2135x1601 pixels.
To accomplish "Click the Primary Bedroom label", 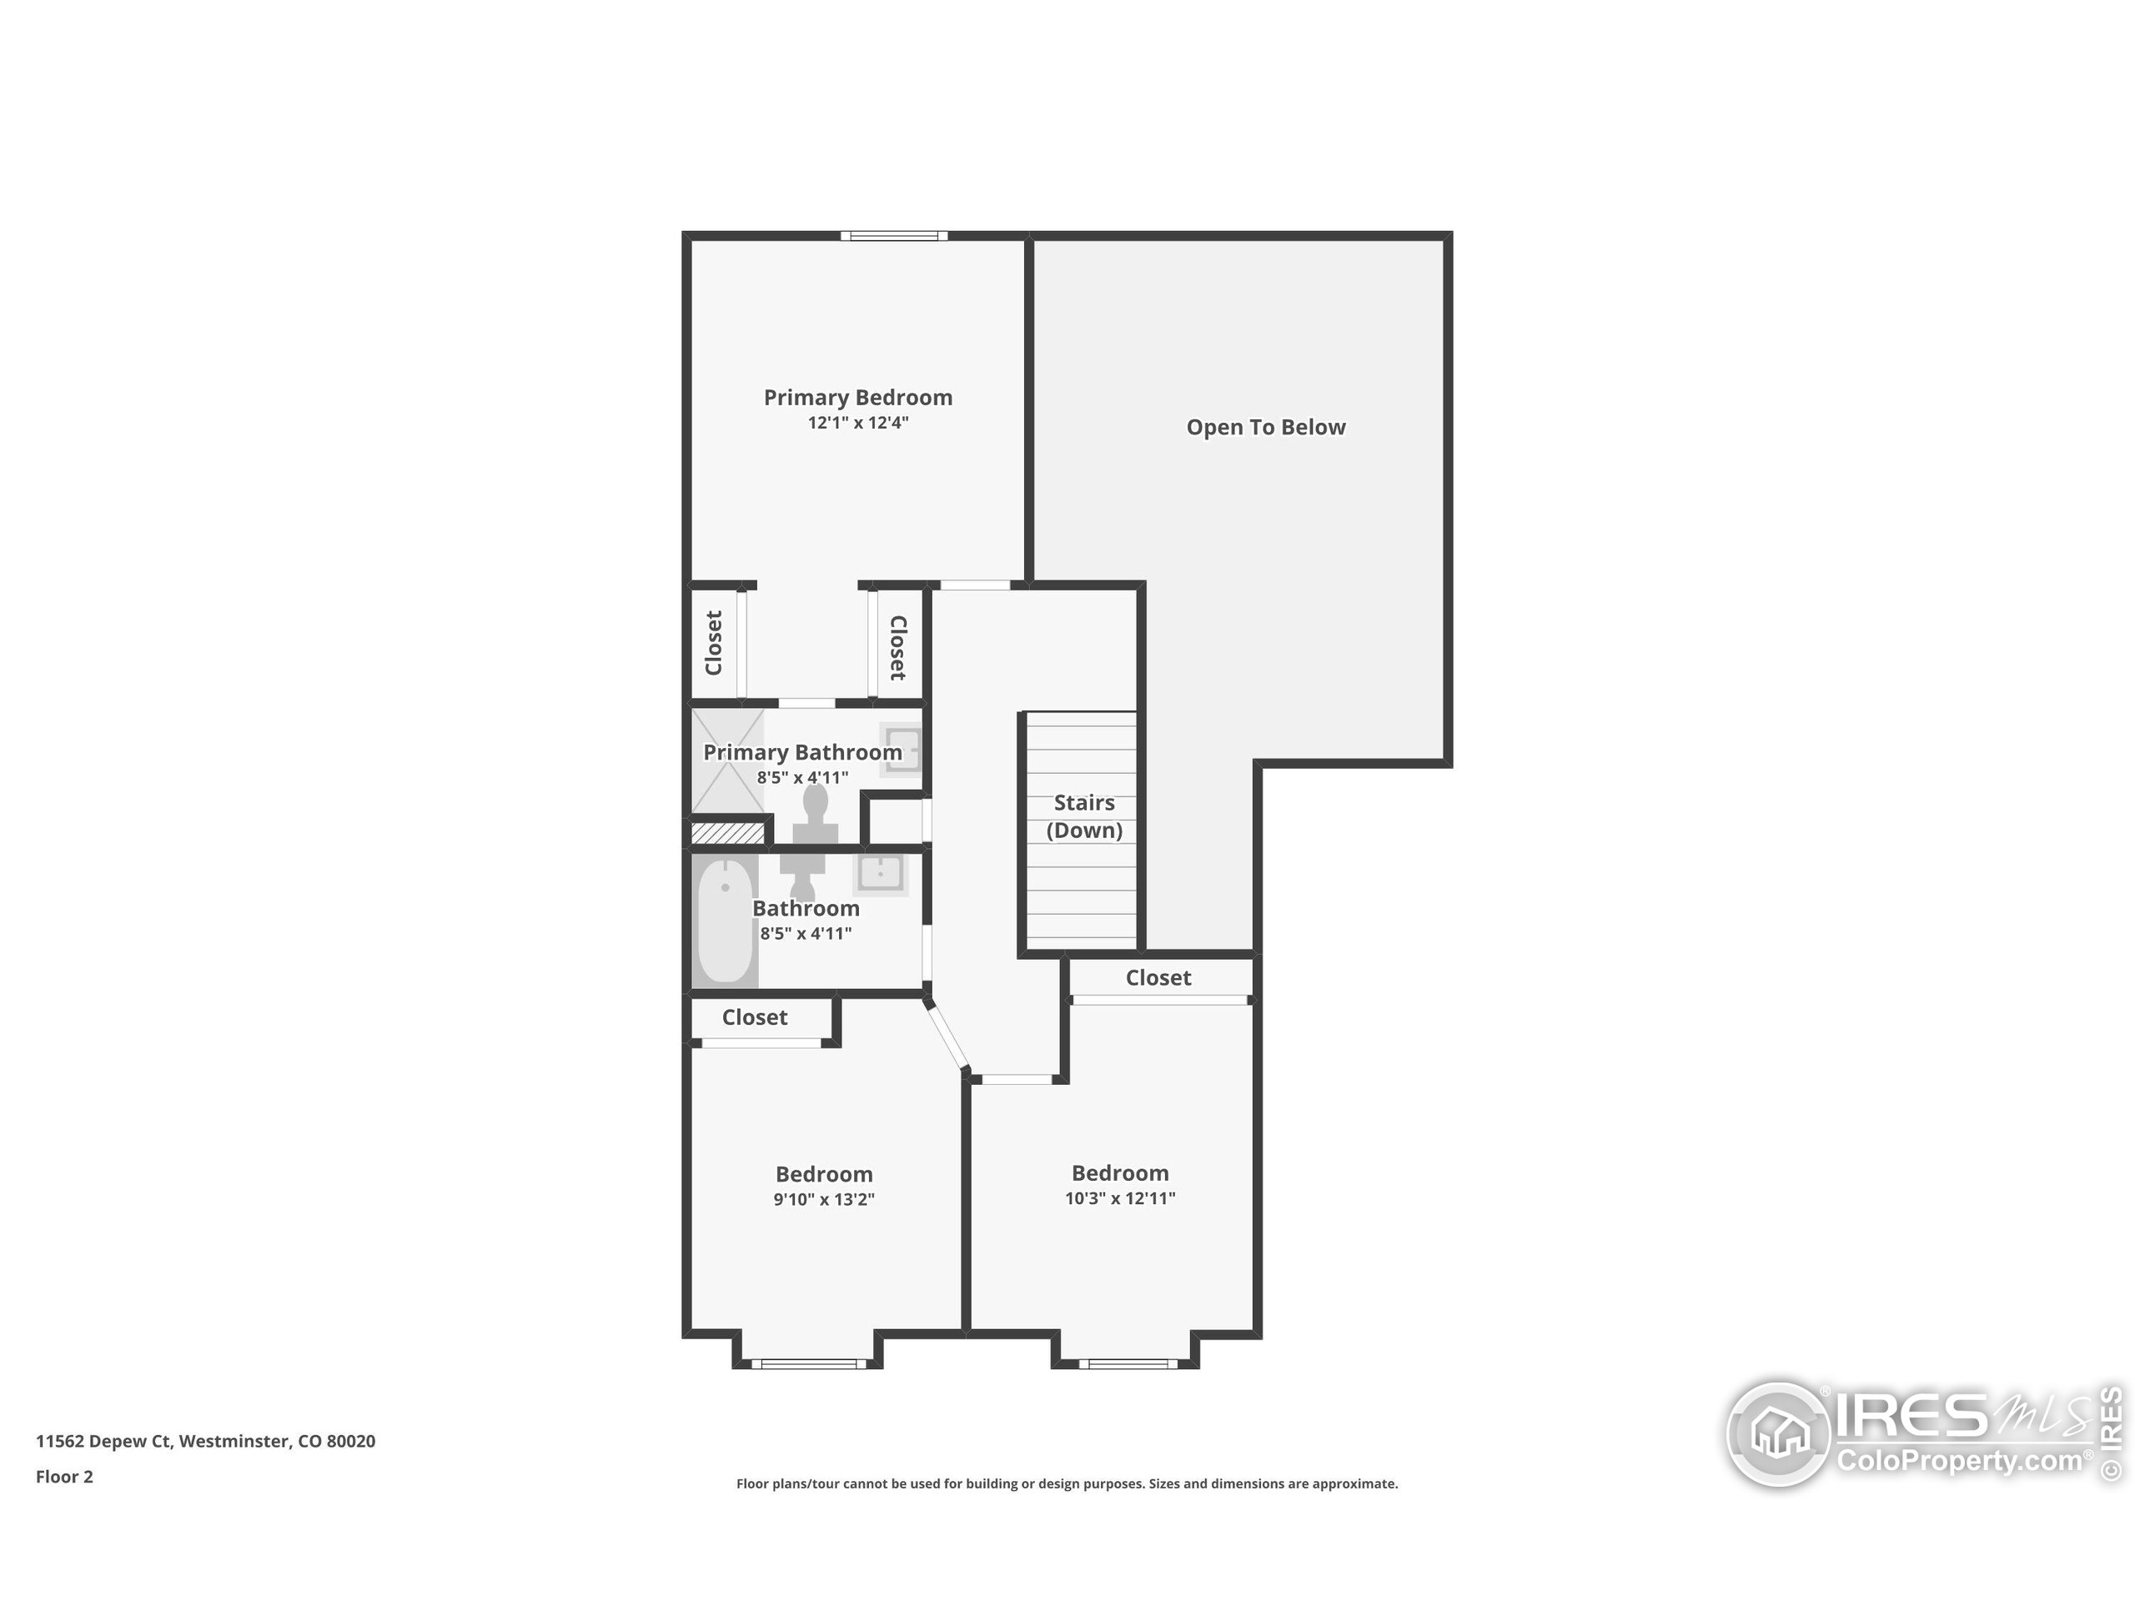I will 857,398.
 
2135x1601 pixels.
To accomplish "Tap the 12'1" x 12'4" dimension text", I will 857,423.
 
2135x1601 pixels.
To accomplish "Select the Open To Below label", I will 1264,428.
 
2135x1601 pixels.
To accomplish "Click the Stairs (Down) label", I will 1084,816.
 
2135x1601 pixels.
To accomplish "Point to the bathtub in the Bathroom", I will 724,921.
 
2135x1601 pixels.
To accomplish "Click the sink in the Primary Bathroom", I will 901,750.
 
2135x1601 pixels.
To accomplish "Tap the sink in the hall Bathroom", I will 879,873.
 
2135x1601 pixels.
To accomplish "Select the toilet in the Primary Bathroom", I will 816,816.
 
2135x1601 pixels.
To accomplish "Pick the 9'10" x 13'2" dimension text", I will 823,1200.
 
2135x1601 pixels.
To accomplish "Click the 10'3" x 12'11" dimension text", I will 1119,1198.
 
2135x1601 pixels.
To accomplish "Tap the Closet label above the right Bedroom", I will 1158,977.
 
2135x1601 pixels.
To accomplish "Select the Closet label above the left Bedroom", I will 754,1017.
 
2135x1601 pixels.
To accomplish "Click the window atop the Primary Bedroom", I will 893,235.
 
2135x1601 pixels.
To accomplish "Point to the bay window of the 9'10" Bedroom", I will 809,1363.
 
